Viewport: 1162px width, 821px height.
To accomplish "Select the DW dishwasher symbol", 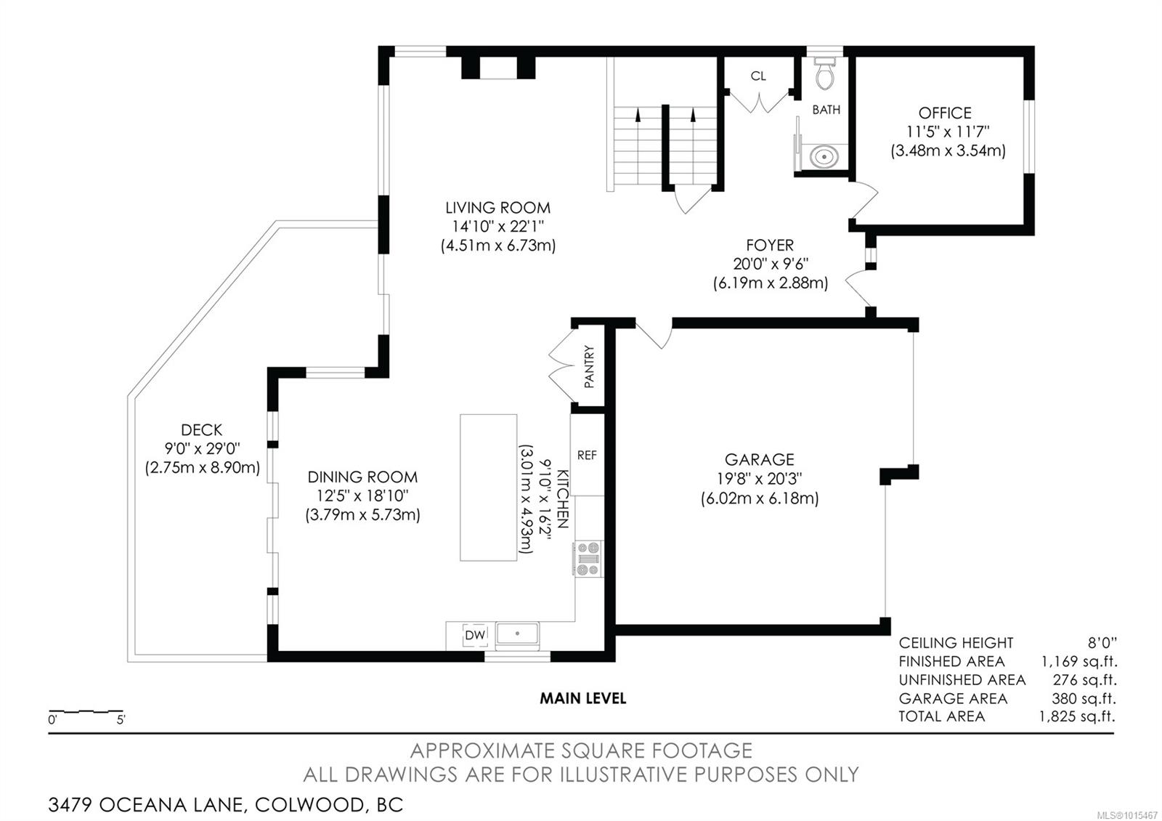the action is click(x=475, y=635).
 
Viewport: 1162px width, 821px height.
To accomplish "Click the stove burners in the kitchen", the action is click(x=588, y=559).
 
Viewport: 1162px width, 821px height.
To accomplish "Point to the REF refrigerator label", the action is click(x=587, y=455).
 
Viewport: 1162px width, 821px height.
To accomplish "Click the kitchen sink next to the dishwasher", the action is click(x=517, y=634).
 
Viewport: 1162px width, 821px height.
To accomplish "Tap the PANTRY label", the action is click(x=589, y=366).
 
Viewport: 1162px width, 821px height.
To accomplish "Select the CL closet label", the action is click(x=758, y=76).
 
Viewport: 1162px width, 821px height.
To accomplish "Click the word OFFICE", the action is click(x=945, y=113).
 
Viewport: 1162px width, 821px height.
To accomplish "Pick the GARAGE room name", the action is click(x=760, y=459).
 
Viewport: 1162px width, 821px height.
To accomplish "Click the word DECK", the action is click(x=201, y=429).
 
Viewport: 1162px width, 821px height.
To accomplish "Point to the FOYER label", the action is click(x=770, y=245).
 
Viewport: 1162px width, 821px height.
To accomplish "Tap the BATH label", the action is click(x=826, y=110).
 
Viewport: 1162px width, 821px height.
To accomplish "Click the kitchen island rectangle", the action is click(x=488, y=488).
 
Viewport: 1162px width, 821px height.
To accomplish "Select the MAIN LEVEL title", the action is click(x=582, y=698).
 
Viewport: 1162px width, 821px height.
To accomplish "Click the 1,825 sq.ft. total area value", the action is click(x=1077, y=716).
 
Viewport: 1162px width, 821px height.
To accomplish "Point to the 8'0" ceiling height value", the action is click(x=1102, y=642).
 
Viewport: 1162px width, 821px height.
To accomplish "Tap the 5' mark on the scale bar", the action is click(x=121, y=720).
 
